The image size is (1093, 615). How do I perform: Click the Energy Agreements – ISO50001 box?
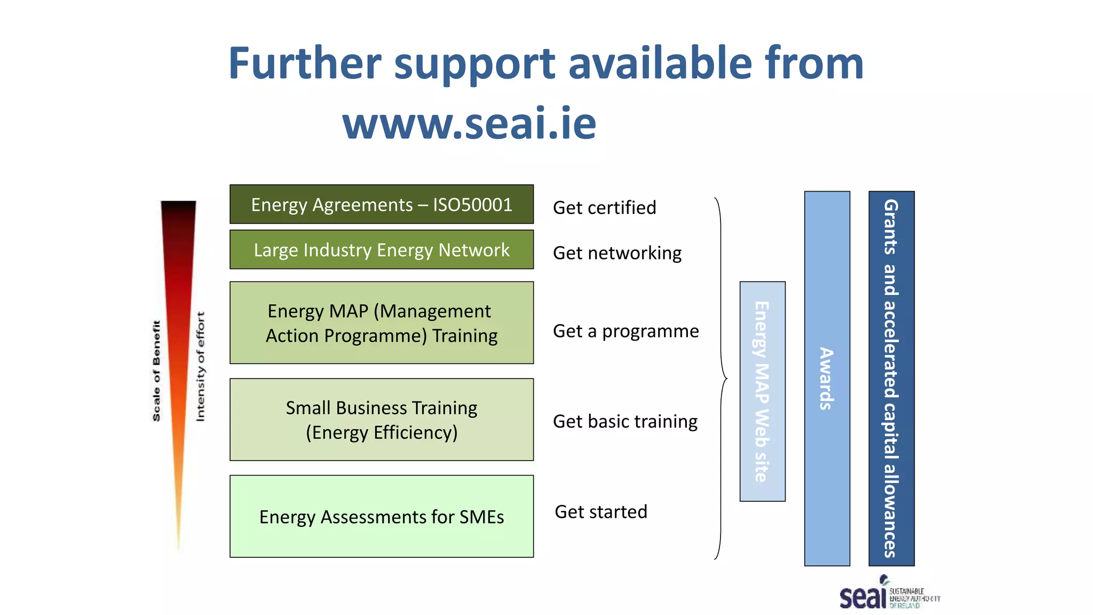click(x=382, y=204)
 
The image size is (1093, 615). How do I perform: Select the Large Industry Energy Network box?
click(x=382, y=250)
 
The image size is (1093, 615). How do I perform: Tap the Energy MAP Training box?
click(x=382, y=323)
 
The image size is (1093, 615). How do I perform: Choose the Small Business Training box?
click(x=382, y=420)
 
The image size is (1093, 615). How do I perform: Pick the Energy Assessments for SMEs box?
click(x=382, y=516)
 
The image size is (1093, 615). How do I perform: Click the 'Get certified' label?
click(x=604, y=208)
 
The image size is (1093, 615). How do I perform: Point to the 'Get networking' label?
click(x=617, y=253)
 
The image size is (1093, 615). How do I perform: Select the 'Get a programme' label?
click(x=625, y=332)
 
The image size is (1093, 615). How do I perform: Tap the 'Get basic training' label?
click(x=625, y=422)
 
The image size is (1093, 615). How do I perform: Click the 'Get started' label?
click(x=601, y=512)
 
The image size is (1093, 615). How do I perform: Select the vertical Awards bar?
click(x=827, y=378)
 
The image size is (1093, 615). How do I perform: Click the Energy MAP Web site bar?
click(x=762, y=391)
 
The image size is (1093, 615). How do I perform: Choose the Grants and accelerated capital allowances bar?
click(x=891, y=378)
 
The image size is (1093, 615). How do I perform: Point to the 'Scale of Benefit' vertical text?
click(x=156, y=370)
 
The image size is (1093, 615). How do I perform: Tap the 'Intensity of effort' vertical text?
click(x=200, y=367)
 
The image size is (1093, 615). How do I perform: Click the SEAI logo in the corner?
click(x=888, y=594)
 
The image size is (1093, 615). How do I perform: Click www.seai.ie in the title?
click(x=469, y=123)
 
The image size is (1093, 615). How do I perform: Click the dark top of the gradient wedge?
click(x=178, y=211)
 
